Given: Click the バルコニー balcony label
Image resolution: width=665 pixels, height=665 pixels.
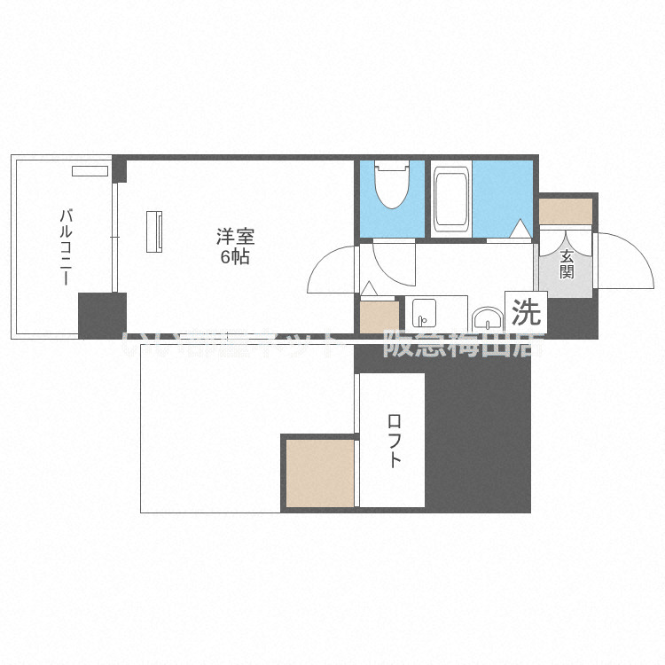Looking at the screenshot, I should pyautogui.click(x=65, y=246).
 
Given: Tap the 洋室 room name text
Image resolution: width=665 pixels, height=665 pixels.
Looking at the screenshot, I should pyautogui.click(x=236, y=237).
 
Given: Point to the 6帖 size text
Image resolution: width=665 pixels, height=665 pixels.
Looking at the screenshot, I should pyautogui.click(x=236, y=258).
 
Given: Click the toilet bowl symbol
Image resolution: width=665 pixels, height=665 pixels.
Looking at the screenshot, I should pyautogui.click(x=391, y=184).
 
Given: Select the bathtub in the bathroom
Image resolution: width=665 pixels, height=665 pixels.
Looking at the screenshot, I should pyautogui.click(x=451, y=198).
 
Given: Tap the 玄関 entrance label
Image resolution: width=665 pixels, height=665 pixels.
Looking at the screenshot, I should pyautogui.click(x=566, y=264).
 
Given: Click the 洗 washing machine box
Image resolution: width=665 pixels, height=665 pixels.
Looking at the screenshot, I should pyautogui.click(x=527, y=311).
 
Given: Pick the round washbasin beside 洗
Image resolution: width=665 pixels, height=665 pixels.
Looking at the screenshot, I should pyautogui.click(x=485, y=318).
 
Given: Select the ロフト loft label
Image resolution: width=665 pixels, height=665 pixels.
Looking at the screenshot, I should pyautogui.click(x=393, y=441).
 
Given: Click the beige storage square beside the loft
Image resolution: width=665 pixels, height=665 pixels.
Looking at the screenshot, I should pyautogui.click(x=320, y=473).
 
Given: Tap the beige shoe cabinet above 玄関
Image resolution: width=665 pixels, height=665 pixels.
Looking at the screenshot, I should pyautogui.click(x=566, y=211).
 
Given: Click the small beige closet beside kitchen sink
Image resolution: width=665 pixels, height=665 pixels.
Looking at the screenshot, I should pyautogui.click(x=379, y=317).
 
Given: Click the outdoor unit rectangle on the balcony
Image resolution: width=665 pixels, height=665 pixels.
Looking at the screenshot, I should pyautogui.click(x=89, y=171).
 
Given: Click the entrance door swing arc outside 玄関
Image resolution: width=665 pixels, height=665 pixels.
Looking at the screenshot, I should pyautogui.click(x=621, y=257).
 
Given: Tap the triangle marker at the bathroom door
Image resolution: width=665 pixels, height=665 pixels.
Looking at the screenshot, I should pyautogui.click(x=520, y=231).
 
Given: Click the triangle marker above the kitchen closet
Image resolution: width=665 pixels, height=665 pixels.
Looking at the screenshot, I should pyautogui.click(x=369, y=288).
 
